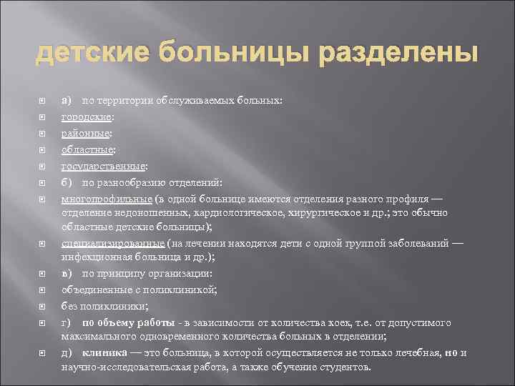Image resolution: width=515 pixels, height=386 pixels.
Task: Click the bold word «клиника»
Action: pyautogui.click(x=106, y=352)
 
